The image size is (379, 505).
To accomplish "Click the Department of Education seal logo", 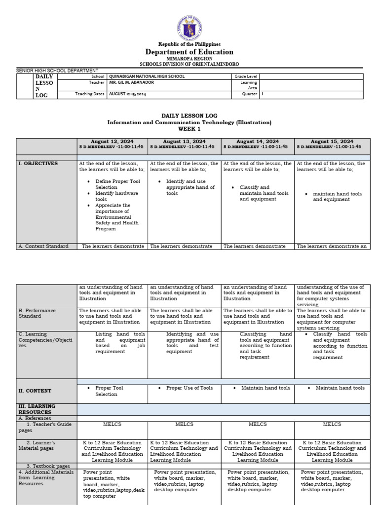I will [189, 28].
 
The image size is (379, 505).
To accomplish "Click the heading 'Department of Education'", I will [189, 52].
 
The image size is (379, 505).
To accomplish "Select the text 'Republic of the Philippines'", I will [189, 44].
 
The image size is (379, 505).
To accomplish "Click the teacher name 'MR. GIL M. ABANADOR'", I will [131, 82].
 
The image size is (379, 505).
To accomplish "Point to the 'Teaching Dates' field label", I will [90, 94].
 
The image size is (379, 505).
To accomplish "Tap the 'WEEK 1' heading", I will [189, 129].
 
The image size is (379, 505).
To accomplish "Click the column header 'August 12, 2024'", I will [112, 142].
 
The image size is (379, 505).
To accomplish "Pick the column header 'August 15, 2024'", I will [332, 142].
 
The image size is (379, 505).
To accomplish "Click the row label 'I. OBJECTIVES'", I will [38, 164].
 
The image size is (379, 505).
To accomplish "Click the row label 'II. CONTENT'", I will [35, 391].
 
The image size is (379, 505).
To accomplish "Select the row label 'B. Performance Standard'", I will [37, 314].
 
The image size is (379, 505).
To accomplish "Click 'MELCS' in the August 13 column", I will [184, 424].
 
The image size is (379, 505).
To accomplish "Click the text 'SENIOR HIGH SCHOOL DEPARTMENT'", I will [57, 71].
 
